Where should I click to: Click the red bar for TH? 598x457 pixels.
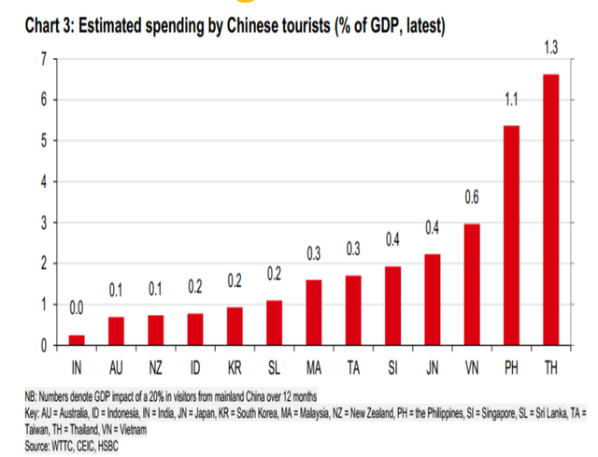(550, 209)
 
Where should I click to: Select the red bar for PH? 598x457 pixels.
(511, 236)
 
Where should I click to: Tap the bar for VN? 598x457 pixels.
(472, 284)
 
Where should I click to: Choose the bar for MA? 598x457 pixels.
(313, 312)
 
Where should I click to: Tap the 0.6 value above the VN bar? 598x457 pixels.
(472, 197)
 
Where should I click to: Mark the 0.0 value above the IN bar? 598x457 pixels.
(76, 307)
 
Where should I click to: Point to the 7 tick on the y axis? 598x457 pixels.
(43, 59)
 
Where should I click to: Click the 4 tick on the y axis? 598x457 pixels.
(43, 181)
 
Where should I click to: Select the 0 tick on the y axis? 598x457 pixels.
(43, 346)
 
